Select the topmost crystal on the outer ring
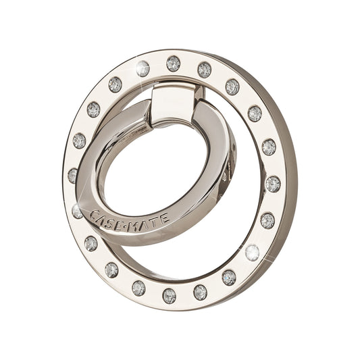point(174,63)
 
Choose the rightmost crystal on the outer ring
point(273,183)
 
